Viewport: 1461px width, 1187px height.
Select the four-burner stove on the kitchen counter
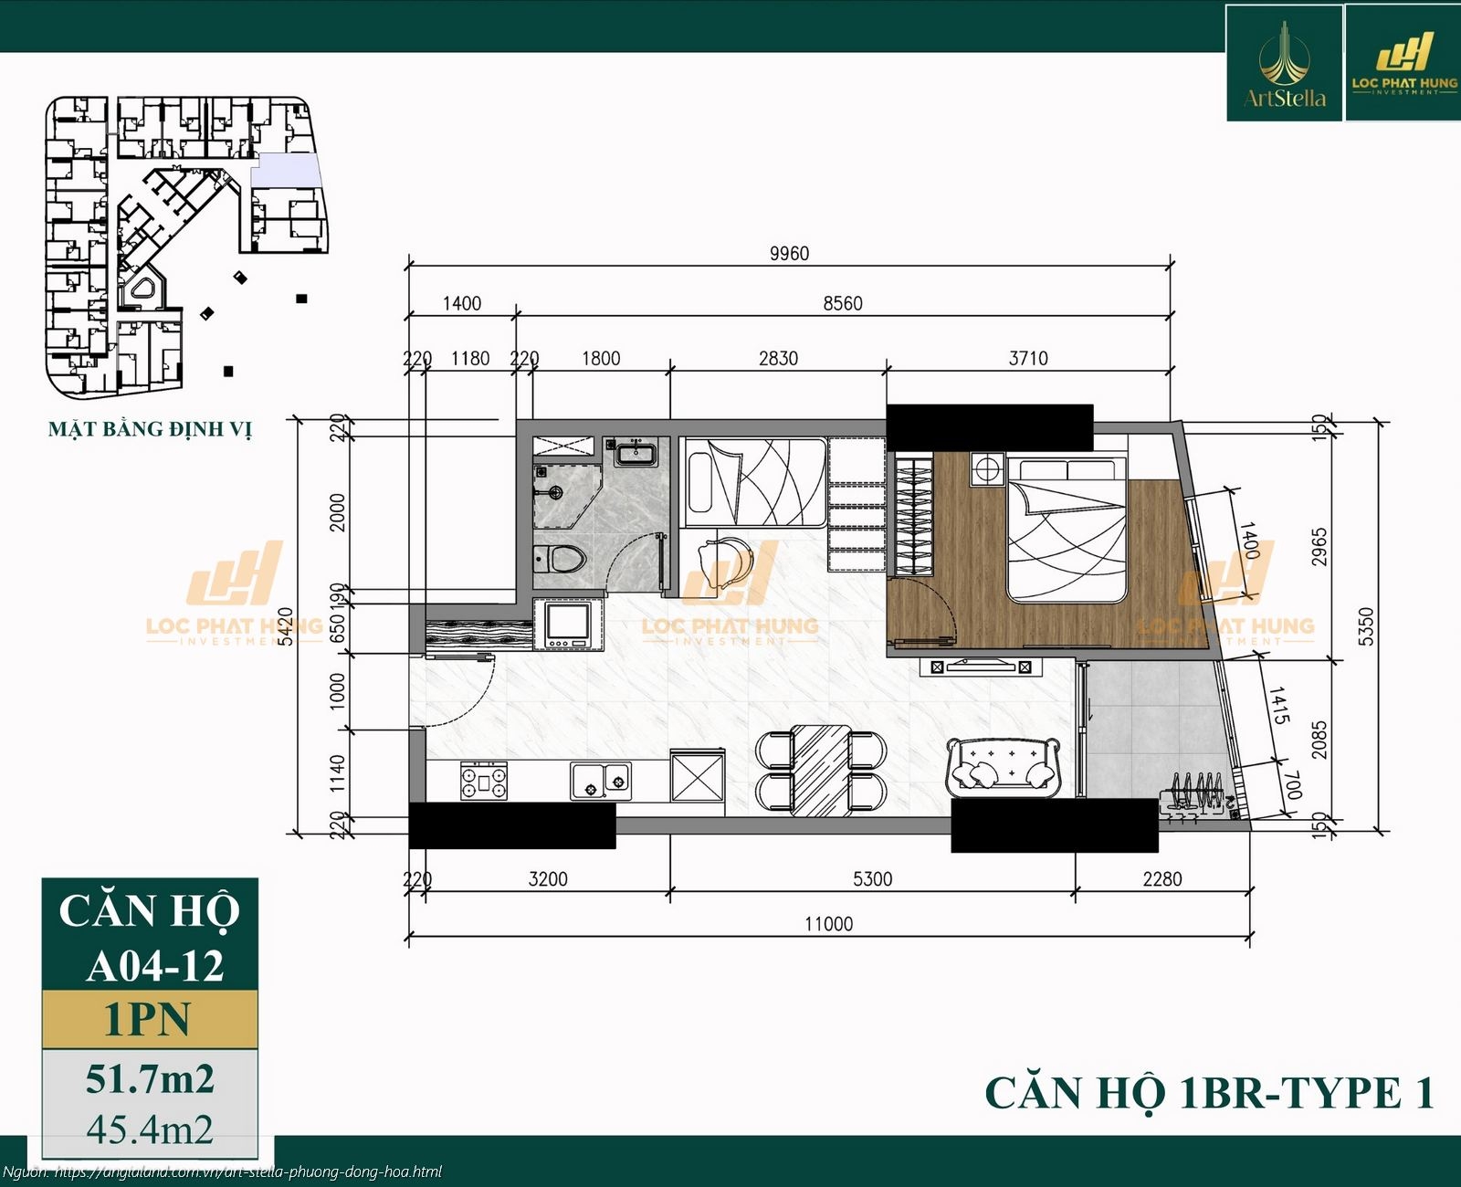pos(483,781)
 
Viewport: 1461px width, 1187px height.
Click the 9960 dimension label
pos(789,253)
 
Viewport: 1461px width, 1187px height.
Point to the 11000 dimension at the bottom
pos(828,924)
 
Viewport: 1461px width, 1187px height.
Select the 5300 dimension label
pos(872,878)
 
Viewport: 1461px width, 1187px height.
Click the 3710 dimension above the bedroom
pos(1028,358)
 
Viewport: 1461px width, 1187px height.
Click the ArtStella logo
pos(1284,64)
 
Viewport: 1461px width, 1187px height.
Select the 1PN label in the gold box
pos(149,1019)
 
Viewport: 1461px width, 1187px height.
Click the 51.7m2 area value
pos(150,1078)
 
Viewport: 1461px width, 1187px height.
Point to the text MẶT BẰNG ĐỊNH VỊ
pos(150,428)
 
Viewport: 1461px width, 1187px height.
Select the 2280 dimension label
pos(1161,878)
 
